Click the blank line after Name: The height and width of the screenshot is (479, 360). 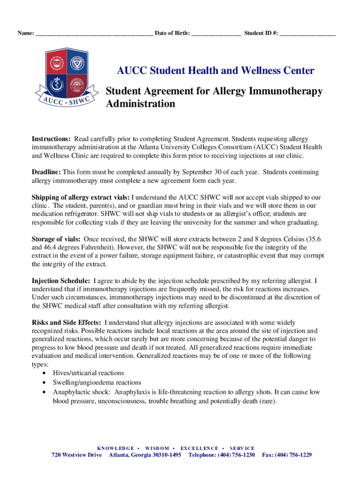94,34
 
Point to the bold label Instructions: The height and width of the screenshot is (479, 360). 51,139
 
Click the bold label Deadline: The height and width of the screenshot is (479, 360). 46,172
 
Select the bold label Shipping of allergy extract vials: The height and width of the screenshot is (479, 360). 81,197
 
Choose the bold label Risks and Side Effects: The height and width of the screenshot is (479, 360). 66,322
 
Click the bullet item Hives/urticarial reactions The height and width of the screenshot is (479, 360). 88,373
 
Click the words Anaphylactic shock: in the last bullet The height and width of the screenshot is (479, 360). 82,392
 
